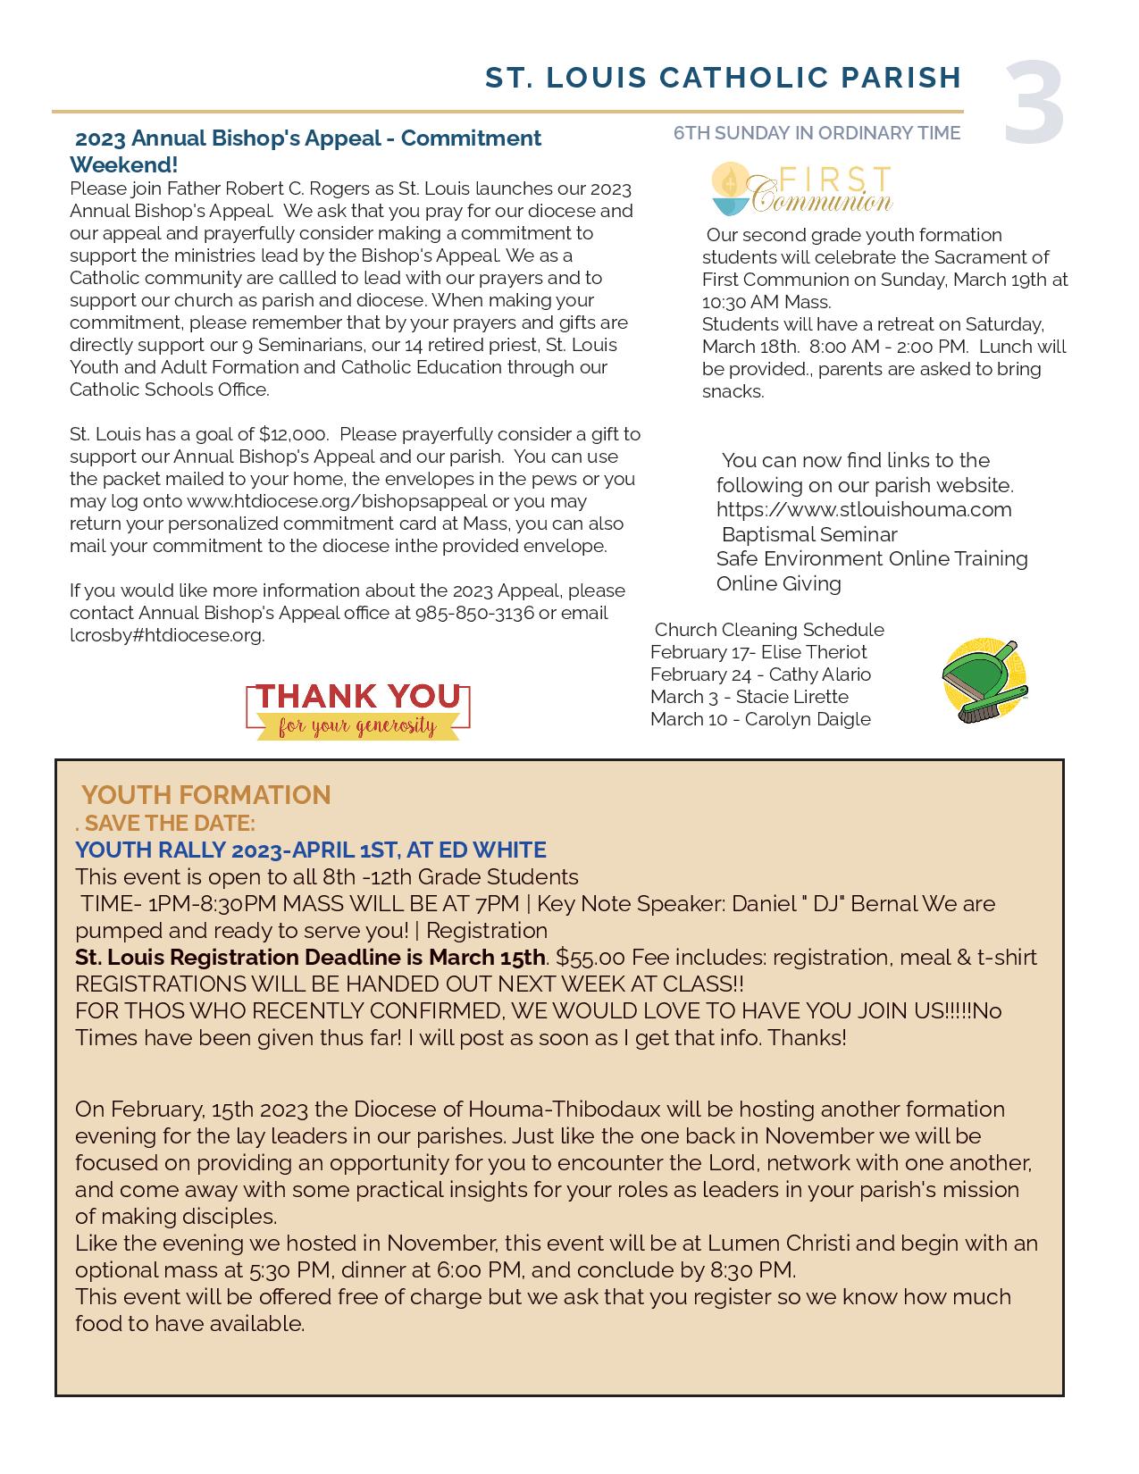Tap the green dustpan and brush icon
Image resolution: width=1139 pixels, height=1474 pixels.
pos(985,681)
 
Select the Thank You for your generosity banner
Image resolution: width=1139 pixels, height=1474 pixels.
pos(357,710)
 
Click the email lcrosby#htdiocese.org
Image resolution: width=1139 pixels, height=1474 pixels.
pos(167,635)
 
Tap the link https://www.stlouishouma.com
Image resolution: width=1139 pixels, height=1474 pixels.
pos(864,509)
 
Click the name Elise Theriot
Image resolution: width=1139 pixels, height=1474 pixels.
pos(814,652)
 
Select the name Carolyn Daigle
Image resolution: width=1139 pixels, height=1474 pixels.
pos(808,719)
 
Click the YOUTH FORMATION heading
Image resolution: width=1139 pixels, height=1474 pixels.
pos(206,794)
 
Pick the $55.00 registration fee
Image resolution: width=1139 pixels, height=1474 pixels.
pos(590,957)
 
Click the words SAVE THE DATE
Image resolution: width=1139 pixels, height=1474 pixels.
pos(170,822)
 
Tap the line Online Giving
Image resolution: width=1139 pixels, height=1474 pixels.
pos(779,583)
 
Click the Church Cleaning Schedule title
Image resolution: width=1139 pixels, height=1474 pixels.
pos(769,629)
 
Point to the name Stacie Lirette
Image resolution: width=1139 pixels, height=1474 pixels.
pos(791,697)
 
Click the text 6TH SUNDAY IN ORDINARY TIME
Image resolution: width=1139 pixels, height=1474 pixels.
pos(817,133)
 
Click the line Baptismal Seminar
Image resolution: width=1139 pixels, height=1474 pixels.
pos(809,534)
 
